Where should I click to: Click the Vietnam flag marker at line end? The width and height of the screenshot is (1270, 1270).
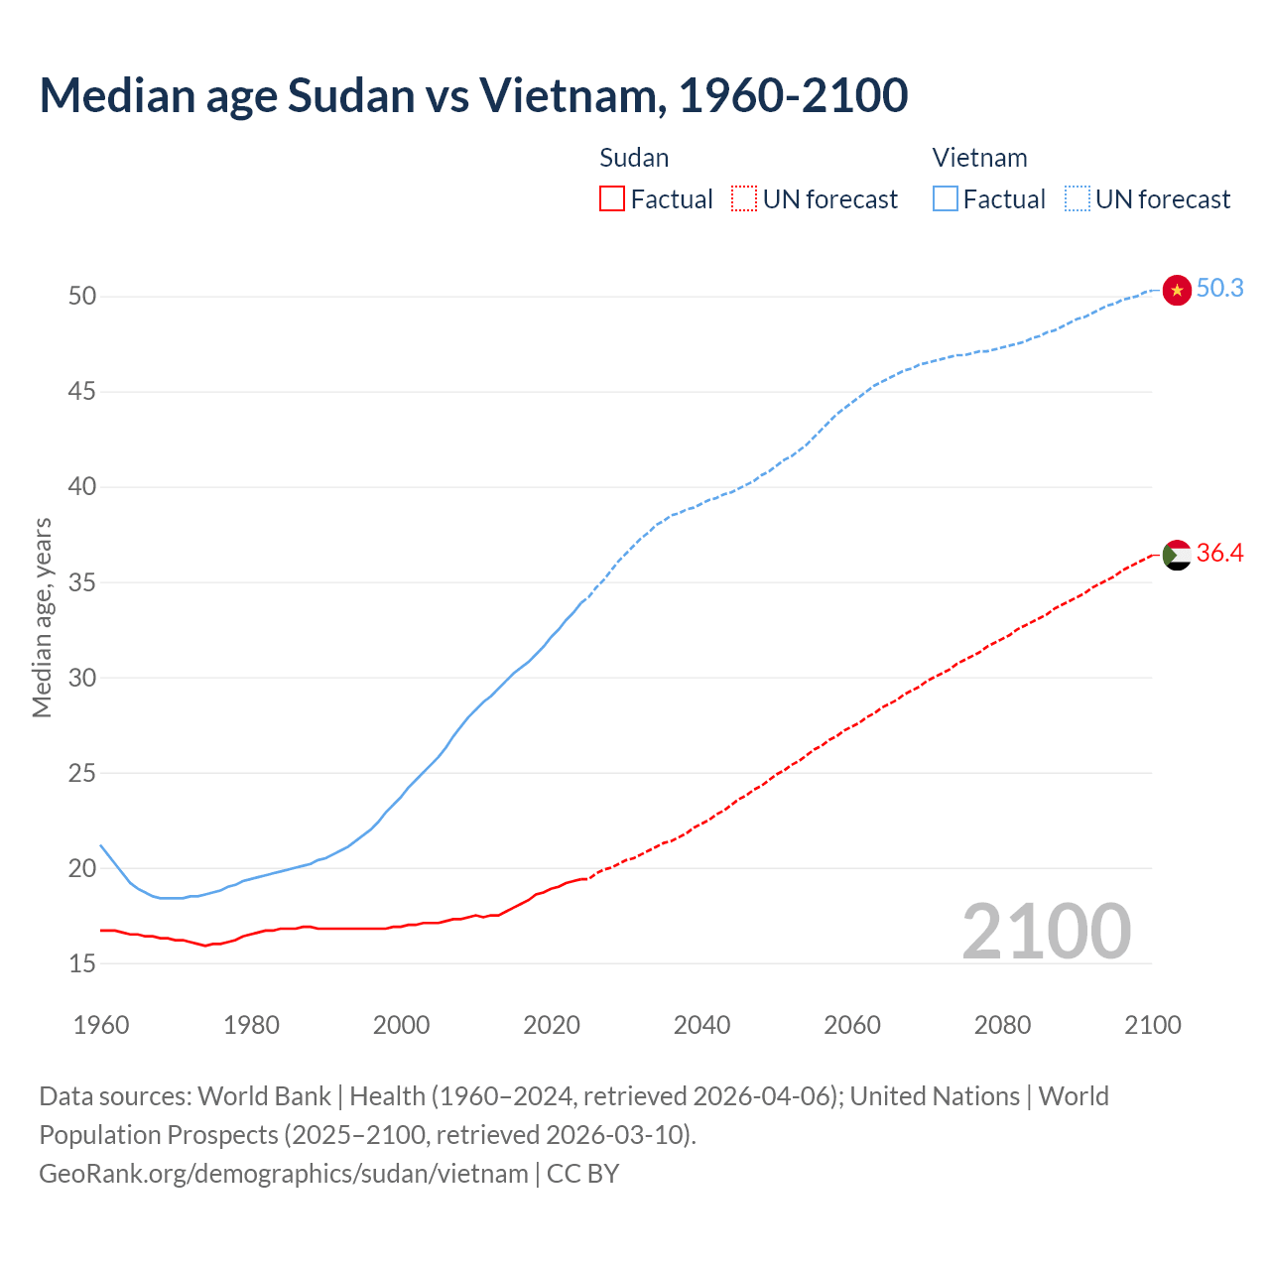point(1177,290)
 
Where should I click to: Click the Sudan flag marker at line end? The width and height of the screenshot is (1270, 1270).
point(1177,555)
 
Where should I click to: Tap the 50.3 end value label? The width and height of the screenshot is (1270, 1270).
point(1219,289)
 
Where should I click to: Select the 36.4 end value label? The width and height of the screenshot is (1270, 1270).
point(1219,554)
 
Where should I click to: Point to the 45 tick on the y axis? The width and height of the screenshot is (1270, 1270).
point(82,392)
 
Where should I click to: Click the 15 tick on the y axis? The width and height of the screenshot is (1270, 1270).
point(82,963)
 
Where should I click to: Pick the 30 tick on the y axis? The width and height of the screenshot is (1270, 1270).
point(82,678)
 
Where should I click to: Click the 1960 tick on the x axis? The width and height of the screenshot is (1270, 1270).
point(101,1025)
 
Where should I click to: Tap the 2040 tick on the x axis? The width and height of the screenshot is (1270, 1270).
point(701,1025)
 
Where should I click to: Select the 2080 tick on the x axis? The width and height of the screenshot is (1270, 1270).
point(1002,1025)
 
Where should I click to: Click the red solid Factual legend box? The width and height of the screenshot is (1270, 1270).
point(612,199)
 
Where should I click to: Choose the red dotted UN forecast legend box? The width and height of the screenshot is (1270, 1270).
point(744,199)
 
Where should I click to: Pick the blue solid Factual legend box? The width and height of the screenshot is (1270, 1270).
point(945,199)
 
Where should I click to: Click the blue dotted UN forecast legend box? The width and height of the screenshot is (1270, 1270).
point(1077,199)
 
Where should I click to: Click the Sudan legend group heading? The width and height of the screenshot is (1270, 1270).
point(634,159)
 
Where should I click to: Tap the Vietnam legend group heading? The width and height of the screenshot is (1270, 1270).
point(979,159)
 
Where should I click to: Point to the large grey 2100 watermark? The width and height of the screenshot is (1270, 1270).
point(1047,932)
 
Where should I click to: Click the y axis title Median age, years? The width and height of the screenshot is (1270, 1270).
point(42,617)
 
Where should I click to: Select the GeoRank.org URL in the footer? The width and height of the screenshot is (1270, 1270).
point(284,1174)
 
